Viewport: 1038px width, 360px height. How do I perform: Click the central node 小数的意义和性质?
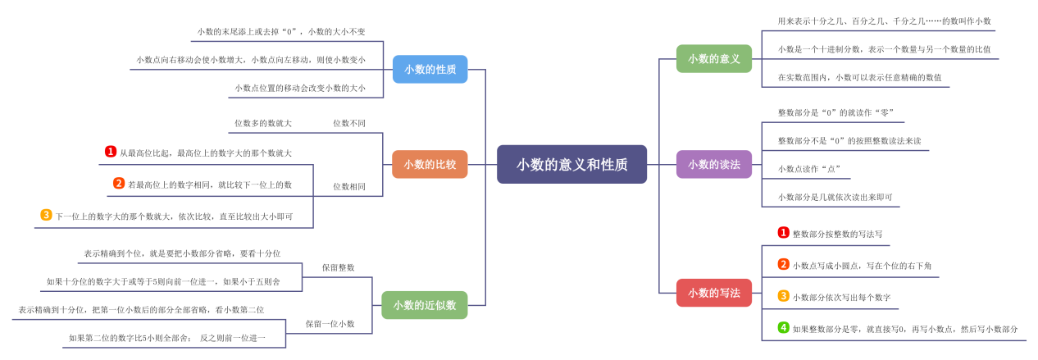(x=571, y=164)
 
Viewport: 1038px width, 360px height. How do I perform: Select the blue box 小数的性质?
(x=430, y=69)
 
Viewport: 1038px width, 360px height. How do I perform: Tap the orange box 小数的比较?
(x=430, y=164)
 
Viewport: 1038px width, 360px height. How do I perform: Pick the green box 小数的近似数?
(x=424, y=305)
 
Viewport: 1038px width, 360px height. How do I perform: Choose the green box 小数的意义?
(x=713, y=58)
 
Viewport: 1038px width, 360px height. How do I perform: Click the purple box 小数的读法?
(x=713, y=164)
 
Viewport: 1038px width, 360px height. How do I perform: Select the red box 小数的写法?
(x=713, y=293)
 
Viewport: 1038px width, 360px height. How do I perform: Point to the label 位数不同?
(x=348, y=123)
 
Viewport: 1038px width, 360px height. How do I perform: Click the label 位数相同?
(x=348, y=186)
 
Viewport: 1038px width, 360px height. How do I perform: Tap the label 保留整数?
(x=338, y=267)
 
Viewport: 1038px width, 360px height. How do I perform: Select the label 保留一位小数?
(x=330, y=324)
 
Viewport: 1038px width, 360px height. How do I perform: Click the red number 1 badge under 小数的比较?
(x=111, y=152)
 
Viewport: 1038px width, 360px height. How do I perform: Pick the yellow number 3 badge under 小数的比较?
(x=46, y=215)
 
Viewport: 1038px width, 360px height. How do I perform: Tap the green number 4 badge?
(x=783, y=328)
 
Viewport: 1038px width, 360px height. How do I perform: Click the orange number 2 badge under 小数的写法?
(x=783, y=264)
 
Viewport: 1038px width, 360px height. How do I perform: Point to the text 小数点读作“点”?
(x=808, y=169)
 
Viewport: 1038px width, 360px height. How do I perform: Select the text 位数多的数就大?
(x=262, y=123)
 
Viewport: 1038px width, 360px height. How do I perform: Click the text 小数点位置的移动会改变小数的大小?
(x=299, y=88)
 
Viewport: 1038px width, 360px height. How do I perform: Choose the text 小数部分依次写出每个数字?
(x=841, y=297)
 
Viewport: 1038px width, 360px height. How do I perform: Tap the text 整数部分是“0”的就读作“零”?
(x=835, y=112)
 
